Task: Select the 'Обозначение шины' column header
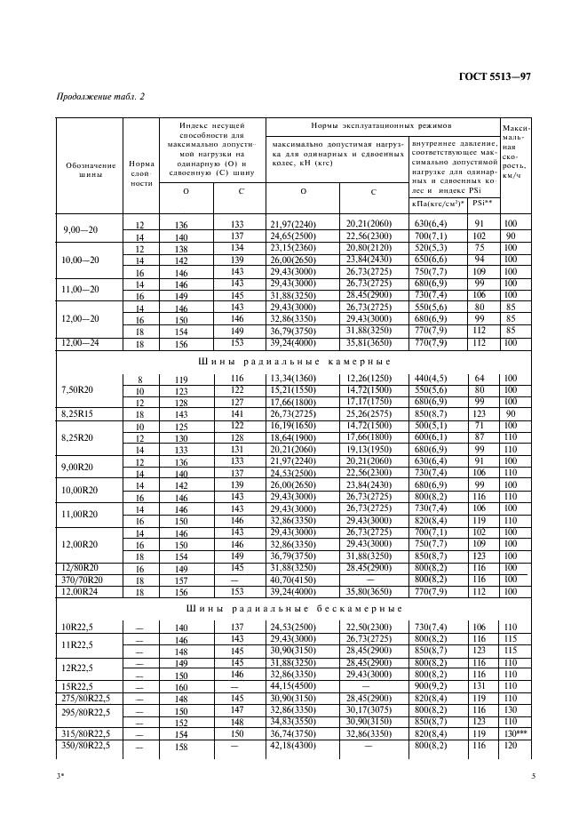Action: point(91,170)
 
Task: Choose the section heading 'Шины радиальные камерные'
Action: point(296,363)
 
